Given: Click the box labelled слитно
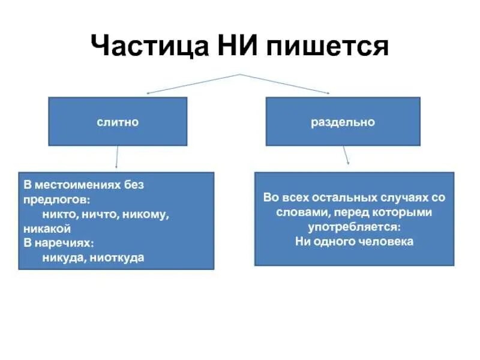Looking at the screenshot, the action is (x=118, y=122).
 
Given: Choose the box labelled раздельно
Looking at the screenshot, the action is (x=343, y=122).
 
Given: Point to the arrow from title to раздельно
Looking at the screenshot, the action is (x=286, y=84).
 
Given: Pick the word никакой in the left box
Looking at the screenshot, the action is (x=47, y=228).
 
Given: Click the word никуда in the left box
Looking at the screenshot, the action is (x=61, y=257).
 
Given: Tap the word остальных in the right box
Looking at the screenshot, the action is (x=342, y=197).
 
